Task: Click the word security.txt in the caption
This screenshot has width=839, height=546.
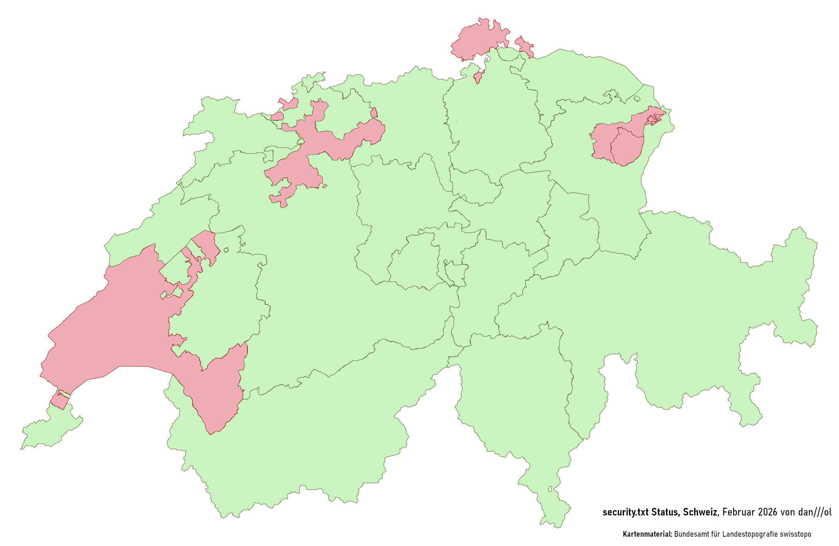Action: (625, 512)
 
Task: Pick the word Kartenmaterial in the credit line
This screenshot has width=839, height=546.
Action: (647, 534)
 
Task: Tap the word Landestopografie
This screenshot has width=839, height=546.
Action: (749, 534)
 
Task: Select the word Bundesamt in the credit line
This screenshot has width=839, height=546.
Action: (691, 534)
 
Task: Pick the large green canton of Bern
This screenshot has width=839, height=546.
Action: (309, 270)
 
